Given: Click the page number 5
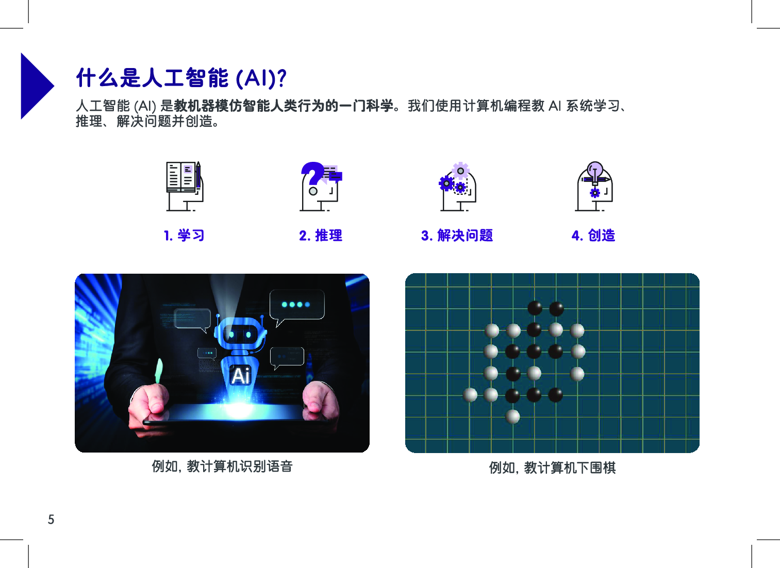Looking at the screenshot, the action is click(x=51, y=519).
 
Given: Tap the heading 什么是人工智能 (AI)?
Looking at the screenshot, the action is click(x=181, y=78).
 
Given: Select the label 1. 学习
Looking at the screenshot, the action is click(x=184, y=236).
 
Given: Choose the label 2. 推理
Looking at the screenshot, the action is click(x=321, y=236).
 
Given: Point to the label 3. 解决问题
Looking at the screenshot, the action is click(x=457, y=236).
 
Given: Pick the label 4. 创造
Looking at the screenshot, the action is click(x=593, y=236).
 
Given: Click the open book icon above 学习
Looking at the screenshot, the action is click(x=181, y=177).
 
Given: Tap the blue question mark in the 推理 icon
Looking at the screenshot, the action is click(x=312, y=173).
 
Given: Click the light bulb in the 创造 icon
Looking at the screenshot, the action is click(x=595, y=172).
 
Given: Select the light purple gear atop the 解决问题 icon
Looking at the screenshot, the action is click(x=460, y=171).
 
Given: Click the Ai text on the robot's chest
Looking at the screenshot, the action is click(x=241, y=376).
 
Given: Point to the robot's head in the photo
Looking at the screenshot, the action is click(x=240, y=333).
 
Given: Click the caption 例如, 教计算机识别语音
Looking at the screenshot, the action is click(x=222, y=466).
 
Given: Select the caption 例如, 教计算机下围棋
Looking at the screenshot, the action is click(x=552, y=468).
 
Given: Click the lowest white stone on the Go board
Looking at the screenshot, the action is click(x=512, y=416).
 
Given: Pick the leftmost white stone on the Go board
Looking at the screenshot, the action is click(x=470, y=395).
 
